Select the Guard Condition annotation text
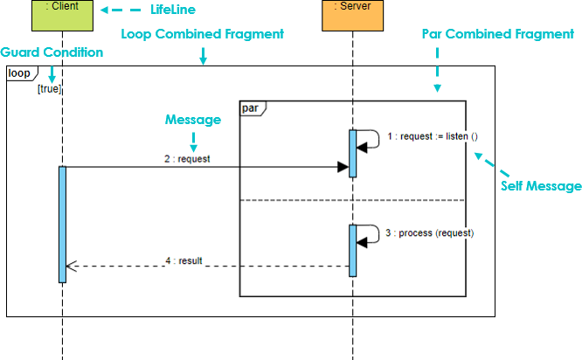(x=52, y=52)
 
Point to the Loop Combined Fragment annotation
(x=202, y=34)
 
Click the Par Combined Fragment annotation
(x=497, y=34)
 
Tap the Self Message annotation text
(x=541, y=185)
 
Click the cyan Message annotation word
(x=193, y=120)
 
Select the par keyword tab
(x=251, y=107)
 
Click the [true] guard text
(x=50, y=88)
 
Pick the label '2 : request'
(x=187, y=160)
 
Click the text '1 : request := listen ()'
(x=433, y=137)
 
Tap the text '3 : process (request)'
(x=430, y=233)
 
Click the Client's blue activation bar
(x=63, y=224)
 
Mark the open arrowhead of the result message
(x=72, y=267)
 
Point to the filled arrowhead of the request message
(x=343, y=167)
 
